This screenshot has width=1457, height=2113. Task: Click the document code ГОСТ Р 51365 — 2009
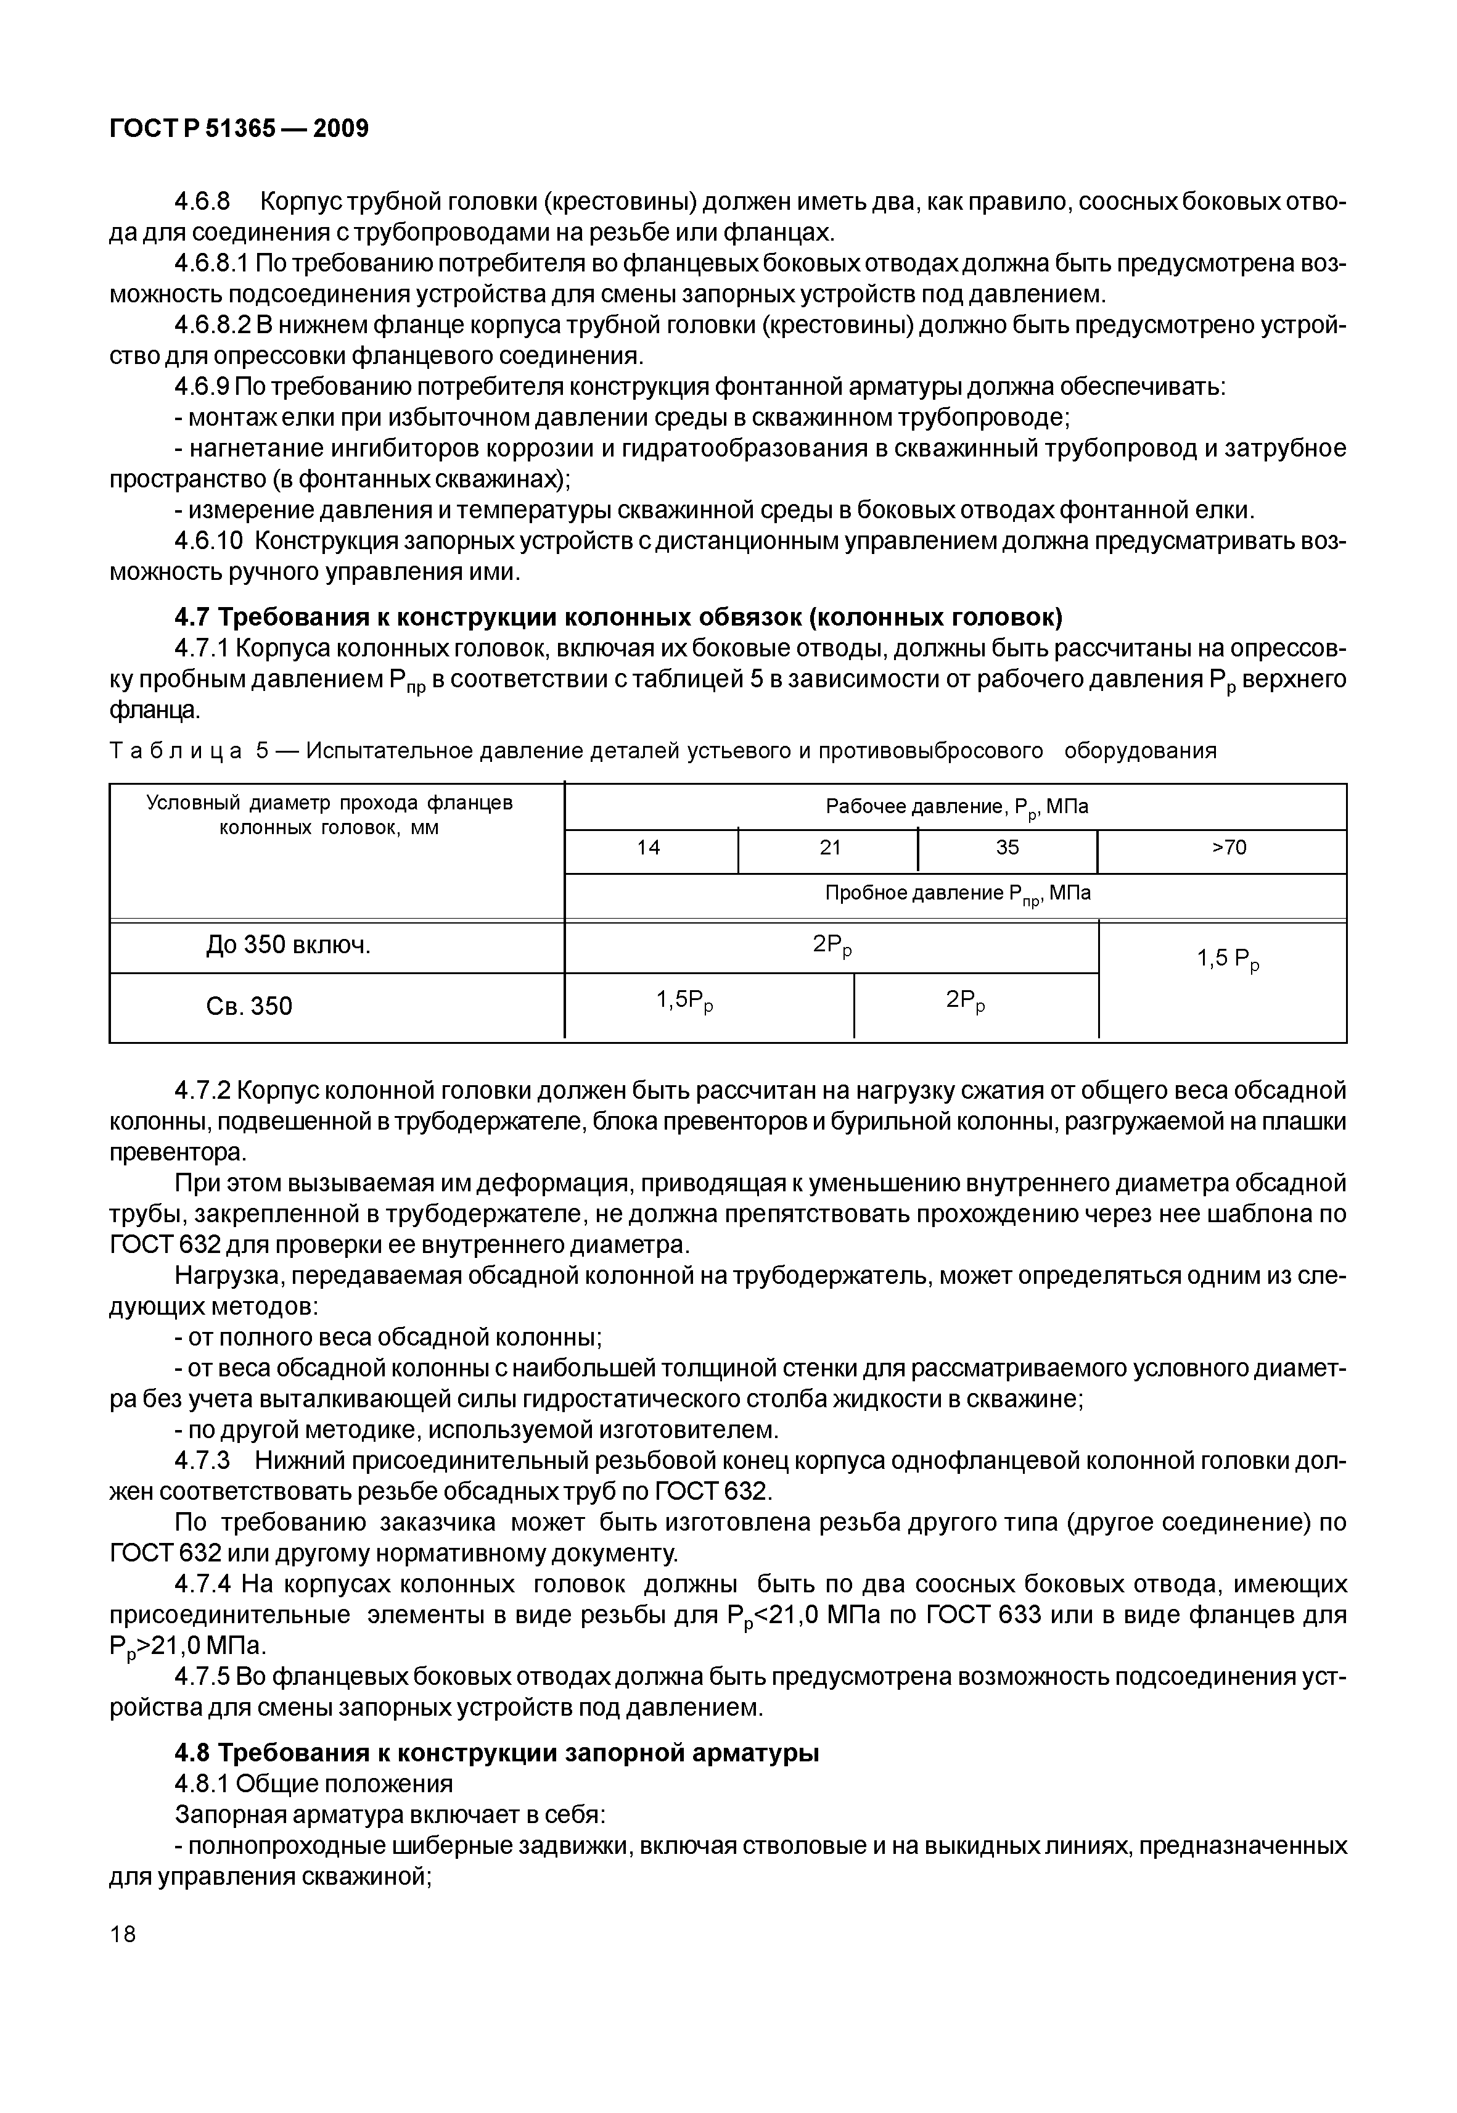239,129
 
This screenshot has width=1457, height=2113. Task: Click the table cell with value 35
1007,848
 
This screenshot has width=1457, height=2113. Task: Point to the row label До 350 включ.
289,946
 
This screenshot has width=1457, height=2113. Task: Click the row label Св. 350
249,1006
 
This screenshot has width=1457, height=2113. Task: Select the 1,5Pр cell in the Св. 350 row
684,1002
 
